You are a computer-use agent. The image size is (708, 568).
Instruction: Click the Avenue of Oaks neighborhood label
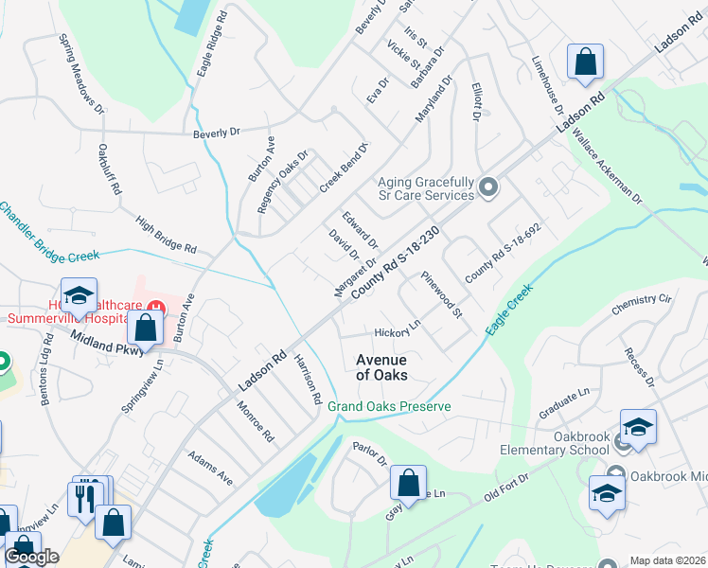pyautogui.click(x=381, y=367)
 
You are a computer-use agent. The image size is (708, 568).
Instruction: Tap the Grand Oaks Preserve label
pyautogui.click(x=389, y=406)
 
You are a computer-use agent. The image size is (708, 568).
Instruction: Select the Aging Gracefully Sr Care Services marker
pyautogui.click(x=488, y=187)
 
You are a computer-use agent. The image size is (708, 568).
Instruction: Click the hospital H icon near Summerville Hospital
pyautogui.click(x=158, y=307)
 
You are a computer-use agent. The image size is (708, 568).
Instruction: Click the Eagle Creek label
pyautogui.click(x=510, y=308)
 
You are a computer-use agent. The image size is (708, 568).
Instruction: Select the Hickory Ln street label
pyautogui.click(x=397, y=332)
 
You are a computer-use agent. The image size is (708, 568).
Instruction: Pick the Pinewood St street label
pyautogui.click(x=442, y=294)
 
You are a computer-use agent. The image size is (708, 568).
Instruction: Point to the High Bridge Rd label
pyautogui.click(x=166, y=236)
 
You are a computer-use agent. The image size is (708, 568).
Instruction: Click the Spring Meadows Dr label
pyautogui.click(x=81, y=76)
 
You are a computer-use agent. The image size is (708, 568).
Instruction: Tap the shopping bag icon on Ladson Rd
pyautogui.click(x=586, y=62)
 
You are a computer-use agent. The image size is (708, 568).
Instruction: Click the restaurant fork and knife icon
pyautogui.click(x=86, y=496)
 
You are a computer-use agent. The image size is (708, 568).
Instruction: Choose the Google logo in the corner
pyautogui.click(x=31, y=557)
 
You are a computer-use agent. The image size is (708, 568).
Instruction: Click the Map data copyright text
pyautogui.click(x=666, y=560)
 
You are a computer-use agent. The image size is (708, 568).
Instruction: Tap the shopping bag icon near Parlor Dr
pyautogui.click(x=408, y=483)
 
